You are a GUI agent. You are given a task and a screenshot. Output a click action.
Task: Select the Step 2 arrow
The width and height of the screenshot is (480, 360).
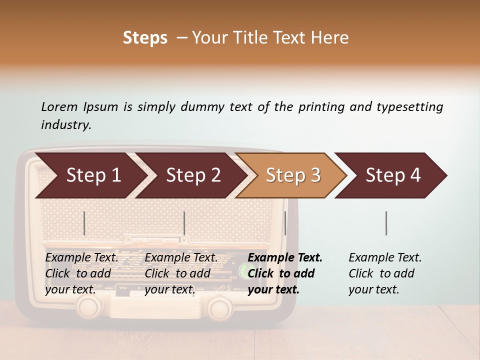pyautogui.click(x=192, y=175)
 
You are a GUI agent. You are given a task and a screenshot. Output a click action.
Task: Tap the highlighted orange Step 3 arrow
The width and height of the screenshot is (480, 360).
pyautogui.click(x=292, y=175)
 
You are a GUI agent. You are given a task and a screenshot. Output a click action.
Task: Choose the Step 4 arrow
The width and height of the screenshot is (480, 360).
pyautogui.click(x=392, y=175)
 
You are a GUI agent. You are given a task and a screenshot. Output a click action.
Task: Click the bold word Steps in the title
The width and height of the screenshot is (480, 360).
pyautogui.click(x=145, y=38)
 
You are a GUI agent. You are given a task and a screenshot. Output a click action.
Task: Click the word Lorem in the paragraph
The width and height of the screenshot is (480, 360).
pyautogui.click(x=59, y=106)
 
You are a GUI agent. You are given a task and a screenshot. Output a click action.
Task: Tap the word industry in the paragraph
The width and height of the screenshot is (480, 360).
pyautogui.click(x=65, y=124)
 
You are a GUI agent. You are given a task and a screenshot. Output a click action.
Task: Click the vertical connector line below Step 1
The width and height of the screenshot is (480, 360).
pyautogui.click(x=84, y=223)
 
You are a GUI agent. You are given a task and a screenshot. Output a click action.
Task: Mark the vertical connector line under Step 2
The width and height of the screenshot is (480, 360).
pyautogui.click(x=184, y=223)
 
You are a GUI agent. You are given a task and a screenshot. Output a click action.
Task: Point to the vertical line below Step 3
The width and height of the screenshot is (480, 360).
pyautogui.click(x=285, y=223)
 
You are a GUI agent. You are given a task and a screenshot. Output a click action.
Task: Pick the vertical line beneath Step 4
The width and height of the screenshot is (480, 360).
pyautogui.click(x=386, y=223)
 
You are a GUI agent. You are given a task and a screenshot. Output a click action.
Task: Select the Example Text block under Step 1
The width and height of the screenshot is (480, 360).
pyautogui.click(x=81, y=273)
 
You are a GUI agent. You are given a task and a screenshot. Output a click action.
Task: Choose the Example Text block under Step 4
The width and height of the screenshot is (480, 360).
pyautogui.click(x=384, y=273)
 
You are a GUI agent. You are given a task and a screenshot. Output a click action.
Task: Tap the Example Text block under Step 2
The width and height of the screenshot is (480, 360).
pyautogui.click(x=181, y=273)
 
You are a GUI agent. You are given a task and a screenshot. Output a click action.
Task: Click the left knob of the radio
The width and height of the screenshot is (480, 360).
pyautogui.click(x=89, y=306)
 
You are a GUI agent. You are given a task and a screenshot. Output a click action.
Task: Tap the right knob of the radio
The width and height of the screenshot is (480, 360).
pyautogui.click(x=219, y=307)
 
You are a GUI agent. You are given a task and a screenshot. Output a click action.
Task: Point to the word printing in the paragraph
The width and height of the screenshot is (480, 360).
pyautogui.click(x=319, y=107)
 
